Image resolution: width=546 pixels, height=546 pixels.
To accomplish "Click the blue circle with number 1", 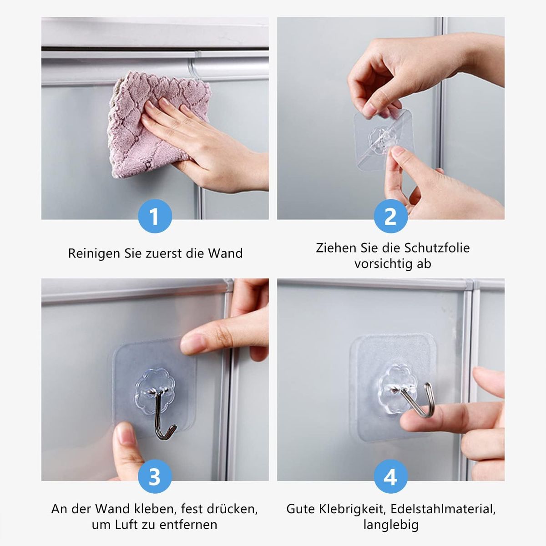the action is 155,216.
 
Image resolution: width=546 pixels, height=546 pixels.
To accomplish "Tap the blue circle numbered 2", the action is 391,216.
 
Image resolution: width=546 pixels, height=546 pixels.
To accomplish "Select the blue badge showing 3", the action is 155,476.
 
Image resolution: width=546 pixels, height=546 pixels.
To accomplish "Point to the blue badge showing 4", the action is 391,476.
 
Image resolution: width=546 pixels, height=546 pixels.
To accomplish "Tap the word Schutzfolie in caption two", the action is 437,248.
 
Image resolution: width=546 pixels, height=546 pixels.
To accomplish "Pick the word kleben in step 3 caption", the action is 155,509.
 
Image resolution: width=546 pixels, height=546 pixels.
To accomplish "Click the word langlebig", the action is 391,525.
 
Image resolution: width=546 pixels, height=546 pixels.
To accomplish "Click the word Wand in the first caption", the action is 226,253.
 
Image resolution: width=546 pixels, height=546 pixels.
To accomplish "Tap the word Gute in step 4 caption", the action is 301,509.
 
